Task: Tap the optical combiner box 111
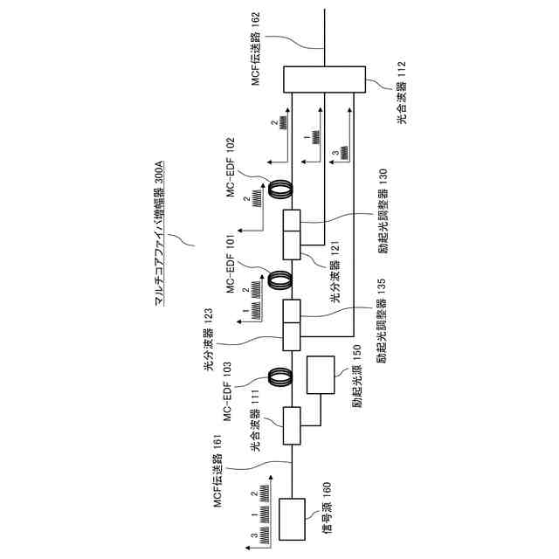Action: tap(291, 426)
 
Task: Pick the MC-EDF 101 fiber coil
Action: tap(280, 279)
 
